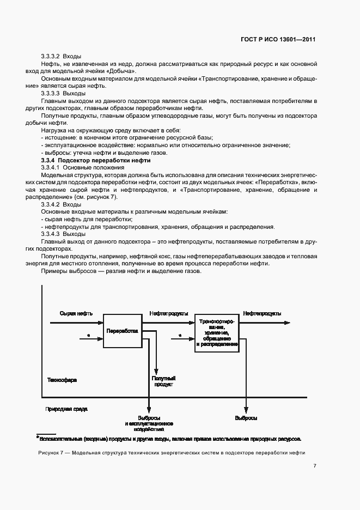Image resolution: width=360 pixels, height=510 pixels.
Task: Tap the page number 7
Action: pyautogui.click(x=315, y=465)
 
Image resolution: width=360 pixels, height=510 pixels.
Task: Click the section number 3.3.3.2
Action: pyautogui.click(x=51, y=57)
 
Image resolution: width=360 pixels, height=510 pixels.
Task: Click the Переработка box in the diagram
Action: pyautogui.click(x=122, y=331)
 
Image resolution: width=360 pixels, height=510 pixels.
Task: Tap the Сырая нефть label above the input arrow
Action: pyautogui.click(x=76, y=314)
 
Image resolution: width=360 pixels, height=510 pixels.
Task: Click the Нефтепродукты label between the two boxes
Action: pyautogui.click(x=169, y=314)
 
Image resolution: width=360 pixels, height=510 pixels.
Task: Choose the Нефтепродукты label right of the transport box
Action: pyautogui.click(x=262, y=314)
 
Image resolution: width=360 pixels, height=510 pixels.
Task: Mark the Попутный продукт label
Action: pyautogui.click(x=163, y=381)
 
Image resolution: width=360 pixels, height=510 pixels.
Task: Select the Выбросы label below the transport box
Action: pyautogui.click(x=246, y=418)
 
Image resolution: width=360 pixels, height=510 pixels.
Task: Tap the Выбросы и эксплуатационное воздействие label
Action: pyautogui.click(x=149, y=423)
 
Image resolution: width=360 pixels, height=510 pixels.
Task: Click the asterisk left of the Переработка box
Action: pyautogui.click(x=88, y=336)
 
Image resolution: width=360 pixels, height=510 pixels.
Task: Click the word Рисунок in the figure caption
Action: pyautogui.click(x=50, y=453)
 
